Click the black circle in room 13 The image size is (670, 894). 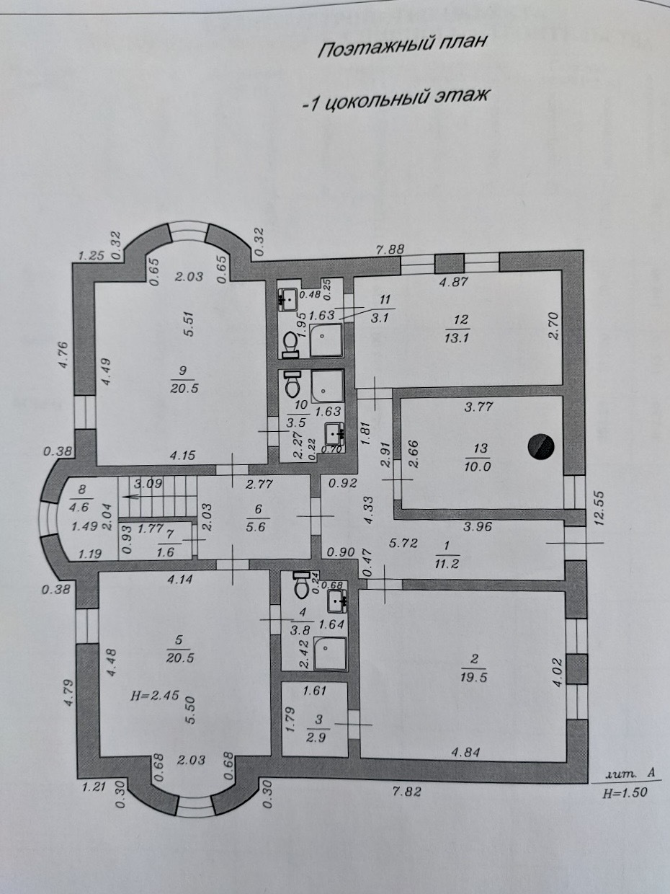tap(540, 446)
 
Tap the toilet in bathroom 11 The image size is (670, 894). tap(291, 343)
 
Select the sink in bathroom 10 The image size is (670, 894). tap(335, 433)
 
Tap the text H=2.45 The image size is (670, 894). tap(155, 695)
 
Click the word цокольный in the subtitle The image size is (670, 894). tap(375, 100)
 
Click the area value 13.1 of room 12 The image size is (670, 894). tap(457, 337)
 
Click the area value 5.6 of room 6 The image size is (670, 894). tap(255, 528)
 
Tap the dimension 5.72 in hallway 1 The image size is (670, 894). tap(403, 543)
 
